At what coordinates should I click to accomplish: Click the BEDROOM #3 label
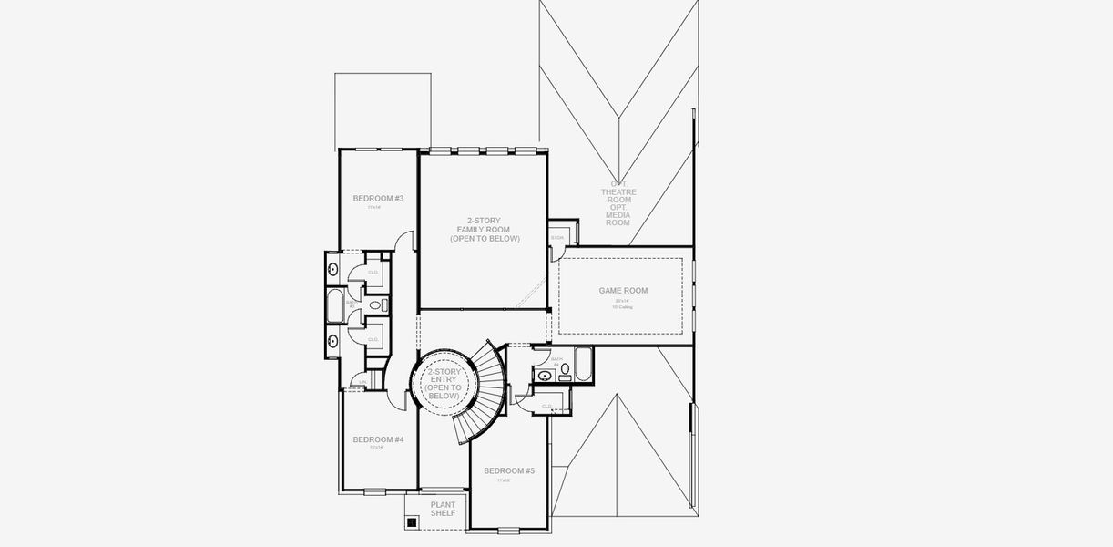point(378,199)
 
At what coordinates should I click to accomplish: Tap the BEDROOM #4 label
point(378,439)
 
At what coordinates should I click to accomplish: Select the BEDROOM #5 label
point(509,470)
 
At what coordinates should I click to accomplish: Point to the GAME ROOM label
point(623,291)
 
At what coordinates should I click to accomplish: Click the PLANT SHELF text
point(443,509)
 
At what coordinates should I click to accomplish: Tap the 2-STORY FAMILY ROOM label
point(484,229)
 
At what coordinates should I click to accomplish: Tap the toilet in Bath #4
point(565,369)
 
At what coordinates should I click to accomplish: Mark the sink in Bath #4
point(545,375)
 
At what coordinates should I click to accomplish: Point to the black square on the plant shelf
point(412,522)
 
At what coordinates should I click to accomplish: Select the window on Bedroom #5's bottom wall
point(508,530)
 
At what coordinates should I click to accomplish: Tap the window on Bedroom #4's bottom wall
point(375,492)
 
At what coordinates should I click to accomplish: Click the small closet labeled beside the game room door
point(557,238)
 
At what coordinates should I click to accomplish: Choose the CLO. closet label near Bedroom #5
point(547,406)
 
